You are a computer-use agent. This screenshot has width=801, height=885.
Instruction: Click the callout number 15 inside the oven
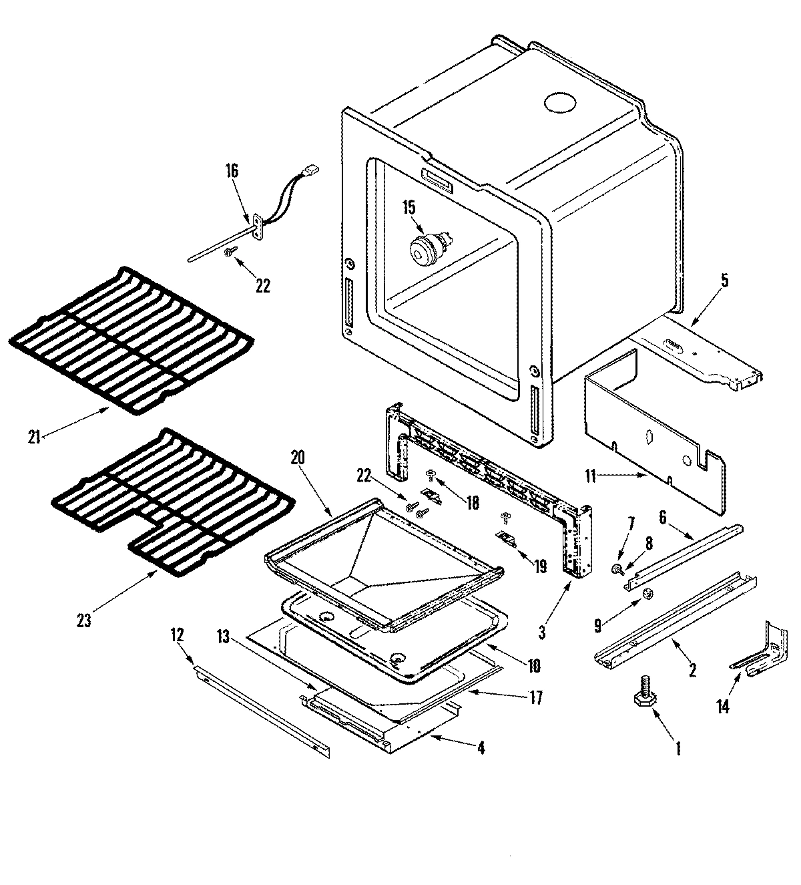[x=408, y=207]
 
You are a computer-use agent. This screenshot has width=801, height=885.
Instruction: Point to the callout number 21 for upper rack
[x=34, y=437]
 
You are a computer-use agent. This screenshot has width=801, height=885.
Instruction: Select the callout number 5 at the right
[x=724, y=281]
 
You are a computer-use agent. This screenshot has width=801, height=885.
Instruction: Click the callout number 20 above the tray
[x=298, y=458]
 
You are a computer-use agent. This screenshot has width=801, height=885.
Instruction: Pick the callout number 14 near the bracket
[x=723, y=706]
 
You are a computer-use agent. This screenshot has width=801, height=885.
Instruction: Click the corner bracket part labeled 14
[x=761, y=651]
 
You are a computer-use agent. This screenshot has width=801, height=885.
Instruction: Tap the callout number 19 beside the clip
[x=540, y=566]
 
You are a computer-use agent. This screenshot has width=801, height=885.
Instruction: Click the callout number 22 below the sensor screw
[x=263, y=285]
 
